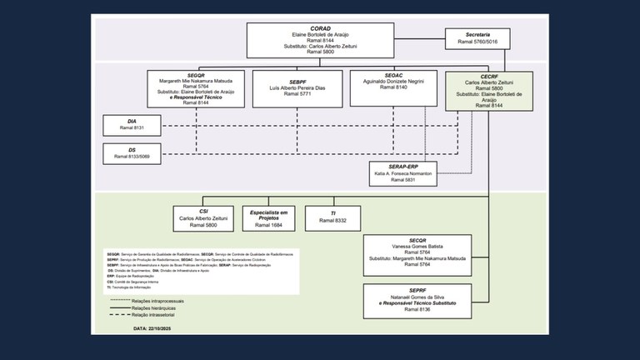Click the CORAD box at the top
click(x=320, y=40)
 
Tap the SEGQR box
click(x=197, y=87)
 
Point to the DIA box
click(x=132, y=125)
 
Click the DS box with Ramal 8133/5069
click(x=132, y=152)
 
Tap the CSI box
click(x=203, y=217)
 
